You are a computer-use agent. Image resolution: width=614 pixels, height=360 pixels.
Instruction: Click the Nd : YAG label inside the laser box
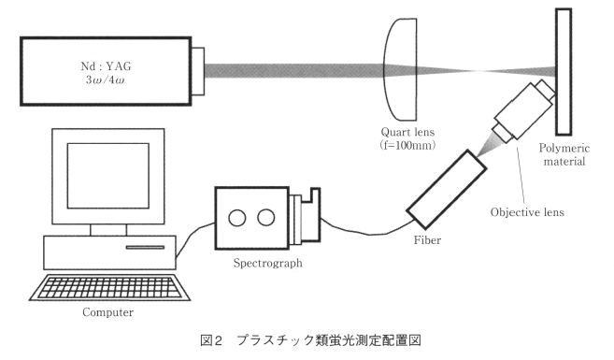tap(106, 66)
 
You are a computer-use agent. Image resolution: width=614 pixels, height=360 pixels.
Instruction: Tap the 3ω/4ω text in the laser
tap(106, 80)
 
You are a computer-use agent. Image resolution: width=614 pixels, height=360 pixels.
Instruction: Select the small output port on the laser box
tap(198, 71)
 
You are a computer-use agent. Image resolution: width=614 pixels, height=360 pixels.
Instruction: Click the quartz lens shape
tap(400, 69)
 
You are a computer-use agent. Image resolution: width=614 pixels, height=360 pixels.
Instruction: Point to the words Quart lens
tap(407, 132)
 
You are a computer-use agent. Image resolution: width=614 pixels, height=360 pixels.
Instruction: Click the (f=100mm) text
tap(407, 145)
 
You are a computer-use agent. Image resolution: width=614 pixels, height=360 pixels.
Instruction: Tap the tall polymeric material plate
tap(564, 72)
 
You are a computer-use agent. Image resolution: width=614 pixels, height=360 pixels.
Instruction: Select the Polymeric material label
tap(564, 154)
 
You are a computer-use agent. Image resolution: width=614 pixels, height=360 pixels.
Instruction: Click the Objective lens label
tap(527, 212)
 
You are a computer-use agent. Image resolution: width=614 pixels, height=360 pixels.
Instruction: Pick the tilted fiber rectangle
tap(447, 189)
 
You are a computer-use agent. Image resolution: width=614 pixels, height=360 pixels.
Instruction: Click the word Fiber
tap(427, 239)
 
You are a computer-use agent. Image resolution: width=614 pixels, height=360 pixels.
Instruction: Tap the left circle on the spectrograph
tap(236, 218)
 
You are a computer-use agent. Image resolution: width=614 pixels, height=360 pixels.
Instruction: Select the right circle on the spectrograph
tap(266, 218)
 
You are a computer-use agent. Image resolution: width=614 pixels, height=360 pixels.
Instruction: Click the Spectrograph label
tap(268, 263)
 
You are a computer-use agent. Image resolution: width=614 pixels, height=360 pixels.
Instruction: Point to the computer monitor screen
tap(108, 176)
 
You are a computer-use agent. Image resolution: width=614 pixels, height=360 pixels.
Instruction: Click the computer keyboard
tap(109, 287)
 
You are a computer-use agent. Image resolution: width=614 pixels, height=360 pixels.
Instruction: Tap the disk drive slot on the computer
tap(145, 247)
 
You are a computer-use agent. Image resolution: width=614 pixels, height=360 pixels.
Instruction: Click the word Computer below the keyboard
tap(107, 312)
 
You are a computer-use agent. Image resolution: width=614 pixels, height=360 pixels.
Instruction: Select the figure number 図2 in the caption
tap(211, 340)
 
